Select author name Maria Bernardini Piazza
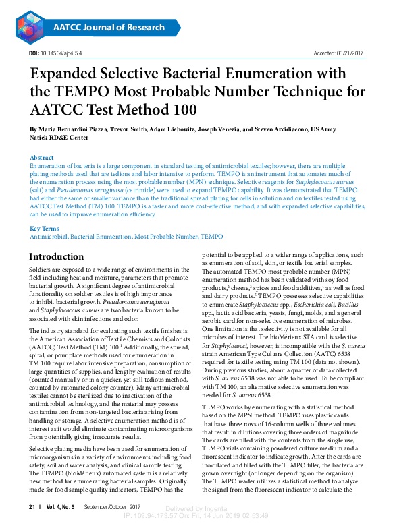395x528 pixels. pyautogui.click(x=68, y=129)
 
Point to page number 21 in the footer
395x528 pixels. pyautogui.click(x=31, y=506)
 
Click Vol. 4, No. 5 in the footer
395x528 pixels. pyautogui.click(x=61, y=506)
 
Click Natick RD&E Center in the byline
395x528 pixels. pyautogui.click(x=59, y=137)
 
